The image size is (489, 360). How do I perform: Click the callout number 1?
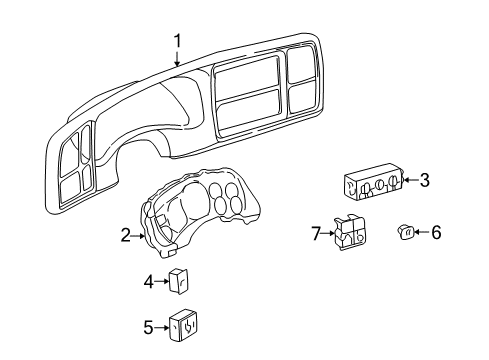(x=178, y=41)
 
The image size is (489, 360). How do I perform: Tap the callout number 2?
(x=125, y=236)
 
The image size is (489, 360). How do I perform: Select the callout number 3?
(x=424, y=180)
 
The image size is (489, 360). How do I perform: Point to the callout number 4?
(x=148, y=282)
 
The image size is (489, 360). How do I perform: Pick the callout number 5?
(x=148, y=326)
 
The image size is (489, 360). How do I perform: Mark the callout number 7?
(x=315, y=234)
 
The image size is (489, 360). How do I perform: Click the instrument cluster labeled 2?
(x=200, y=214)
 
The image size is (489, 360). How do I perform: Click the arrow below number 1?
(x=178, y=59)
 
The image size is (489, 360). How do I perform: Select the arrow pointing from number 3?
(x=409, y=180)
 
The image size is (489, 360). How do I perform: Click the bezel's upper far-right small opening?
(x=300, y=68)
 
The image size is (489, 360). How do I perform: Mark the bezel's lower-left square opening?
(x=70, y=182)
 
